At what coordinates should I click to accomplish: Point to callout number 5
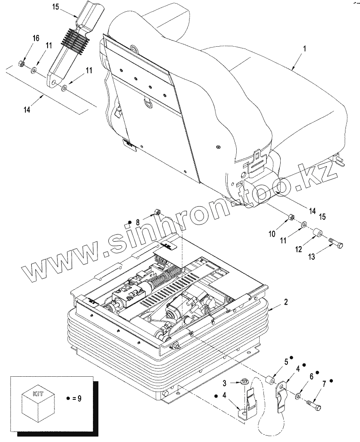tap(286, 362)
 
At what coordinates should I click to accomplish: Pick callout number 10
tap(272, 234)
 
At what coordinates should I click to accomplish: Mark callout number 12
tap(299, 249)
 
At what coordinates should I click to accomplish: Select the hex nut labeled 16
tap(21, 63)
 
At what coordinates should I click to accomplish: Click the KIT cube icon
tap(39, 398)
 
